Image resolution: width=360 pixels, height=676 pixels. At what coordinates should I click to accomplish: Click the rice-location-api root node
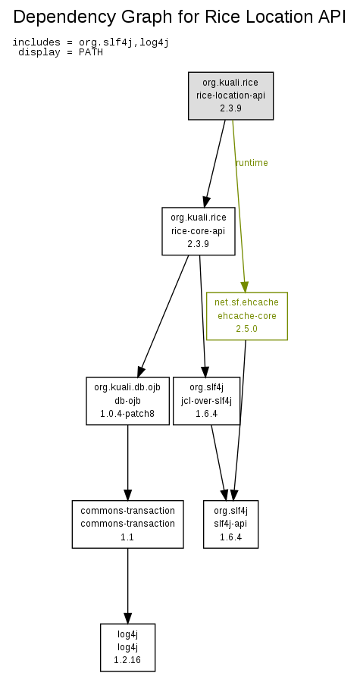point(230,95)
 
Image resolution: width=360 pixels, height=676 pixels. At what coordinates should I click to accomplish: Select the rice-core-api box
point(199,231)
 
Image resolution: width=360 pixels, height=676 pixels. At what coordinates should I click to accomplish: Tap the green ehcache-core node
point(247,316)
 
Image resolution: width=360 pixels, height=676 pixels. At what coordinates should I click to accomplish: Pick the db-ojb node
point(127,401)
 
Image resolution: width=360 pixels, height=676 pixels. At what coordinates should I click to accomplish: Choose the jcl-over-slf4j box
point(206,401)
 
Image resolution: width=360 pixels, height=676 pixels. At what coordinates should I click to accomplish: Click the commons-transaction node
point(127,524)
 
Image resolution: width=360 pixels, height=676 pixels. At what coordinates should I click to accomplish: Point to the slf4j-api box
point(230,524)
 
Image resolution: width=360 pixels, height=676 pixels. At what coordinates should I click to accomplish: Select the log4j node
point(127,647)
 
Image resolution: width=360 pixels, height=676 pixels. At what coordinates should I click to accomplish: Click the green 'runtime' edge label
point(252,162)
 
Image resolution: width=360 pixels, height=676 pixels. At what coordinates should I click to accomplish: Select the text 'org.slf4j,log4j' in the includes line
point(124,42)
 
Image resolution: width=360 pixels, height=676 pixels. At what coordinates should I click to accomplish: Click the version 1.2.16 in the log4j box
point(127,660)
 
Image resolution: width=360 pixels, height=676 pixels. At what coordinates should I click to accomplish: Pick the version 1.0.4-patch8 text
point(127,414)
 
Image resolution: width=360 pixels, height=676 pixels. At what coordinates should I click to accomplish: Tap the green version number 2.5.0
point(246,328)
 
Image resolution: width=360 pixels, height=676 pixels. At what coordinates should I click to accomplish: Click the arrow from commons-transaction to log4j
point(127,586)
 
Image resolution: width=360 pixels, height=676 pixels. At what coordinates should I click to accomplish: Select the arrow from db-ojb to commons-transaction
point(127,462)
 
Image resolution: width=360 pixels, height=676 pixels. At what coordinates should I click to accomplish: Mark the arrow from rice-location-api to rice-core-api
point(215,164)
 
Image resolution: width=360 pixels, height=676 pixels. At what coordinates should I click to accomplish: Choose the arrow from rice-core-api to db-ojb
point(163,316)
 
